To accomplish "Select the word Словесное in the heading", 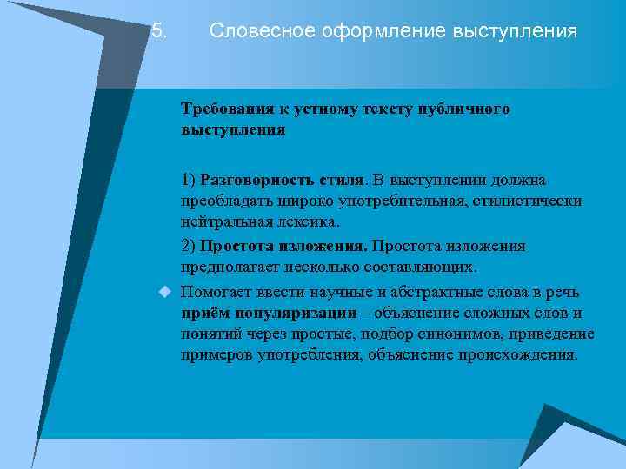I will pos(250,32).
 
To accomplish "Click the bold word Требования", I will pos(227,110).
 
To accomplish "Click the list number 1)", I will pos(189,180).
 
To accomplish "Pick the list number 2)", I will pos(189,246).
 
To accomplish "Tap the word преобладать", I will pos(223,201).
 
